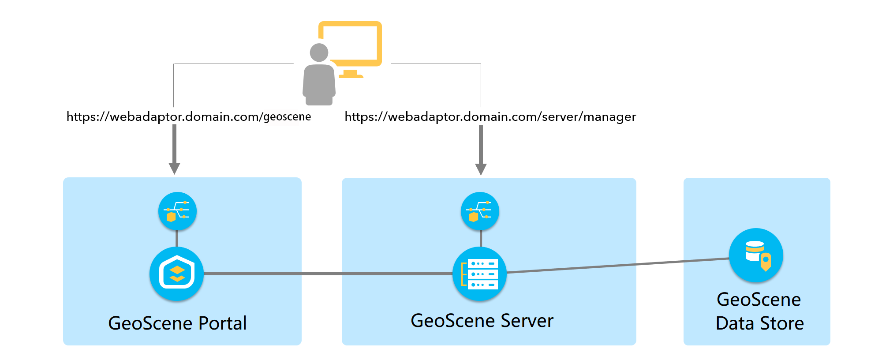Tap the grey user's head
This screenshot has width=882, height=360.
[319, 52]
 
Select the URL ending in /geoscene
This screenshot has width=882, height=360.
[188, 116]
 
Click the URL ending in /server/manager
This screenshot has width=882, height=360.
[490, 116]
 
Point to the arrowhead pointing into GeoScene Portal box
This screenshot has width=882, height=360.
[175, 168]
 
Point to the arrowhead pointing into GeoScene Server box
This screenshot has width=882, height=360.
[481, 169]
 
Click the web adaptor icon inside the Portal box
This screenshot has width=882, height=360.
[177, 211]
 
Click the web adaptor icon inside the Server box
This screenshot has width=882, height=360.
[480, 211]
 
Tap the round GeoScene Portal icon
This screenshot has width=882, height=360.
[177, 274]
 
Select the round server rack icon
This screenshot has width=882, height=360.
[480, 274]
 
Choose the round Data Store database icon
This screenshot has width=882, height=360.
[756, 255]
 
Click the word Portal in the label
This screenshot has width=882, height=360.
[222, 323]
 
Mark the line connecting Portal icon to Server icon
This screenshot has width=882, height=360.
[326, 274]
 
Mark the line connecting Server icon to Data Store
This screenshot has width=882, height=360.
[617, 266]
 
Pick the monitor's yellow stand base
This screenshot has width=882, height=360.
[351, 76]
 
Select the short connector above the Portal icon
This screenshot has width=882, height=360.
[177, 239]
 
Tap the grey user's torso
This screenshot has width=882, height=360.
[319, 84]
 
